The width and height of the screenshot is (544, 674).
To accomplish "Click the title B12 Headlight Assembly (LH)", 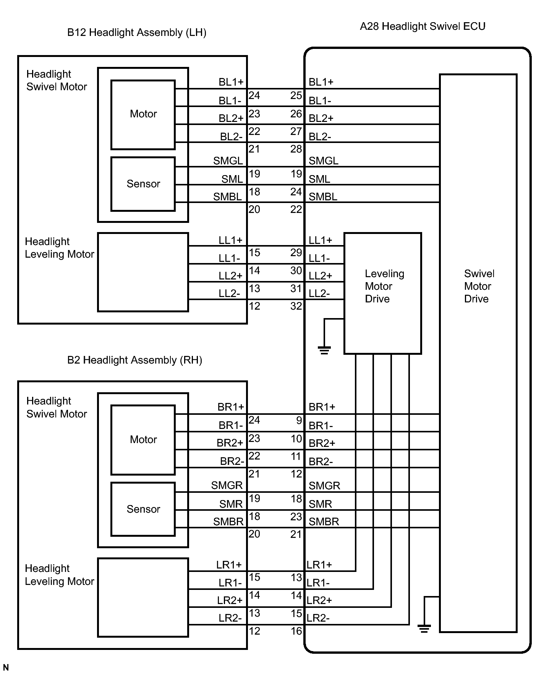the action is click(x=137, y=32).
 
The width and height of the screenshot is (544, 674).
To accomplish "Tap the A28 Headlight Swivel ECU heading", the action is click(x=423, y=26).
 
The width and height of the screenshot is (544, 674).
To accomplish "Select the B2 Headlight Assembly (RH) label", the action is click(x=134, y=360).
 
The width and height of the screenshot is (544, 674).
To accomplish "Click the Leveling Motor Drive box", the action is click(x=383, y=293).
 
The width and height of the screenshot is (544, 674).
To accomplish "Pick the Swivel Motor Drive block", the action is click(x=478, y=353).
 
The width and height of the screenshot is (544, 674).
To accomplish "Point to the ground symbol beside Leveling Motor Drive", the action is click(x=324, y=349).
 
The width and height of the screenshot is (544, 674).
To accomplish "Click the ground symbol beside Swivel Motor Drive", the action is click(x=424, y=628).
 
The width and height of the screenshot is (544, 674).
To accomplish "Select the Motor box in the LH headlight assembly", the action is click(x=143, y=115).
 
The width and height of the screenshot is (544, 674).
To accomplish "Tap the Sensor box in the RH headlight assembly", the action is click(x=143, y=509).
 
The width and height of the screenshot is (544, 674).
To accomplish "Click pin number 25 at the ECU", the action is click(x=296, y=96).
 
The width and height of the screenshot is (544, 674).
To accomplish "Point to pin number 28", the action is click(x=296, y=149).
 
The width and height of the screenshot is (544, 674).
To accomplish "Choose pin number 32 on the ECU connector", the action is click(x=296, y=306).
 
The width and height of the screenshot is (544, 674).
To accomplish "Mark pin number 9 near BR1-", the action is click(x=299, y=421).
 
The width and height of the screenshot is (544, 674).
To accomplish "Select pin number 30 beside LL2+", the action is click(x=296, y=270).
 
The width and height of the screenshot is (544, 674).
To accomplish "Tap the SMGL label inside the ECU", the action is click(x=324, y=161).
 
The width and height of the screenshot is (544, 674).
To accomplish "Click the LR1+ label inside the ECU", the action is click(x=319, y=565).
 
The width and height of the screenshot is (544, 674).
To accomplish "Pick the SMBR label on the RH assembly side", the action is click(x=228, y=521).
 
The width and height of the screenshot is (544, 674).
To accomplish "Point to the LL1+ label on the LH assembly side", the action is click(x=230, y=240).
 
